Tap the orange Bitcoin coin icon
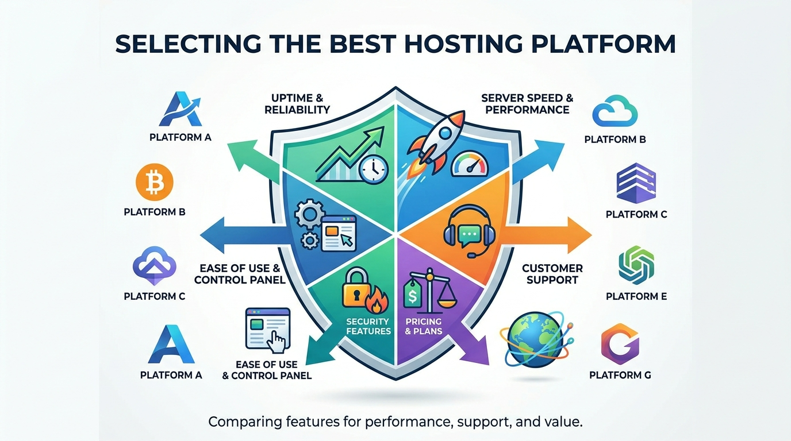point(154,183)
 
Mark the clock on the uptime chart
point(373,168)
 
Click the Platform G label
point(620,375)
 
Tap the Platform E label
point(636,296)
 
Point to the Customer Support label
point(552,274)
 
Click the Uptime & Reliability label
point(297,104)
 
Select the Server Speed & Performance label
point(527,104)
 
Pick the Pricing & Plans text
point(423,326)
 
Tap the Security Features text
point(368,326)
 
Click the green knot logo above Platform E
point(636,264)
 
